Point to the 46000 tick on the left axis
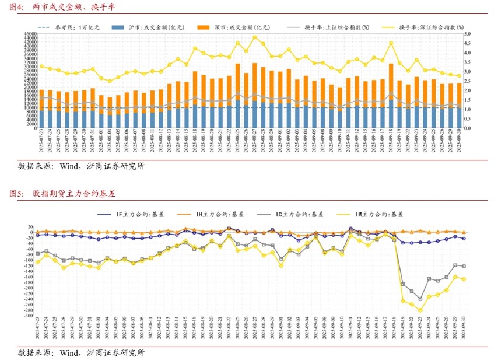30,34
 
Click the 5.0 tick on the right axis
468,34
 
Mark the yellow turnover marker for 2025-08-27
255,37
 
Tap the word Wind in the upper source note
69,166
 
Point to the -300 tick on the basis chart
27,315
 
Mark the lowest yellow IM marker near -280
420,310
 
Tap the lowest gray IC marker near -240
420,299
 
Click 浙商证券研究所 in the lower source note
115,352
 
